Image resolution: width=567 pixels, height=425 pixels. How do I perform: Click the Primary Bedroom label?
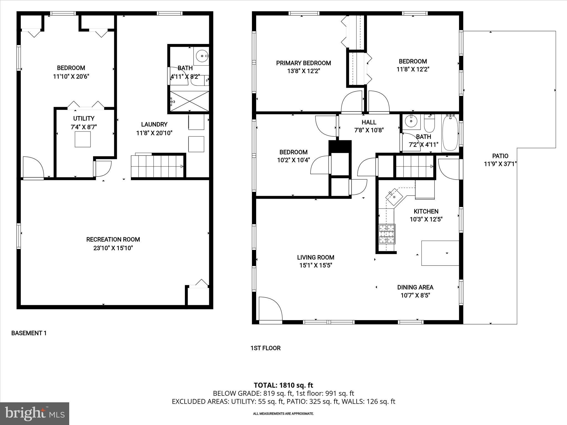[303, 63]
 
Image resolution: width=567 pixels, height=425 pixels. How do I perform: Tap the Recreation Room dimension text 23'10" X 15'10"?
[113, 248]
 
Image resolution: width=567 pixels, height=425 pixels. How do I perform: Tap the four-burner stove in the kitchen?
[387, 234]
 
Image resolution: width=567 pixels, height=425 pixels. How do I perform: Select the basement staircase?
[157, 166]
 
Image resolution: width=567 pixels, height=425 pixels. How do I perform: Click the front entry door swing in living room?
[270, 309]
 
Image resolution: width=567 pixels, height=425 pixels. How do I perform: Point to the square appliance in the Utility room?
[83, 139]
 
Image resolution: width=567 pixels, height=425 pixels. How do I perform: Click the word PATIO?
[500, 156]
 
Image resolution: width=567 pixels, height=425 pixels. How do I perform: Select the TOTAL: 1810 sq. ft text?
[283, 385]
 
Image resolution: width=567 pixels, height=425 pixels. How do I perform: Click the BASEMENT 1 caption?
[29, 333]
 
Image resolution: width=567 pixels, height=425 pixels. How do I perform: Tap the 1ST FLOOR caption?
[266, 348]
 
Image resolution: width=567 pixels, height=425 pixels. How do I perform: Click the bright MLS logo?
[35, 413]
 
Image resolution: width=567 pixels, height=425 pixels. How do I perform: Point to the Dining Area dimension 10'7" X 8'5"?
[415, 296]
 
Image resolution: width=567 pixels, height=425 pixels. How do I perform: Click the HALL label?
[369, 122]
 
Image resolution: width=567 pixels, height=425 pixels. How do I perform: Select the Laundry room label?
[154, 125]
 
